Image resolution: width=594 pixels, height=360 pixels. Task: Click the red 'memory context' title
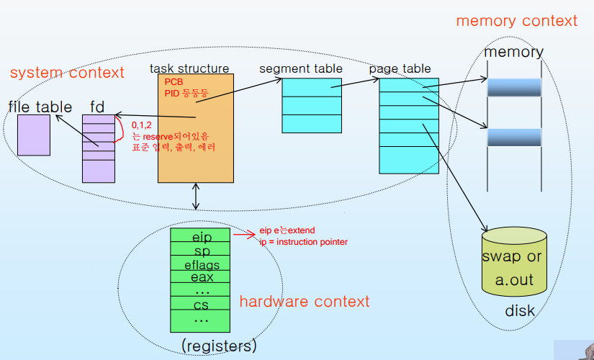(x=517, y=20)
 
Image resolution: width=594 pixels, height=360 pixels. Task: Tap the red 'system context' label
(x=67, y=73)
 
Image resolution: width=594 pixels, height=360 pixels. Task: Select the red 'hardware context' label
(x=305, y=301)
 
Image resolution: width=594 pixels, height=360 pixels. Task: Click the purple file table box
(x=34, y=135)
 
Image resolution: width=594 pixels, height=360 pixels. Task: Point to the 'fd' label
(x=97, y=107)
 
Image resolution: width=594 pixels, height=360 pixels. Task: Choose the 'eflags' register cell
(x=200, y=263)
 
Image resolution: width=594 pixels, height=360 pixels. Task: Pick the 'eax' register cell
(x=200, y=276)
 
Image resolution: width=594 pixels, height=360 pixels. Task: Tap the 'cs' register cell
(x=200, y=303)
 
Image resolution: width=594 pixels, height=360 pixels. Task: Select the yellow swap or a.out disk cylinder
(x=514, y=262)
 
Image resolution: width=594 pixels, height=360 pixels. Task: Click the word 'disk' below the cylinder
(x=520, y=311)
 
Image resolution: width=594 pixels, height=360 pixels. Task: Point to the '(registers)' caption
(x=219, y=346)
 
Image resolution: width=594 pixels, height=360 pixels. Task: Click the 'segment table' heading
(x=301, y=68)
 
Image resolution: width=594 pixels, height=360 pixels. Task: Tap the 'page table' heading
(x=400, y=68)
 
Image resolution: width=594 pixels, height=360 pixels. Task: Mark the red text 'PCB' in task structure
(x=174, y=82)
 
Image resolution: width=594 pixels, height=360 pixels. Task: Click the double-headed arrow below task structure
(x=195, y=197)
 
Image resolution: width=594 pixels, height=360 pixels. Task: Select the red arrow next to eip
(x=244, y=235)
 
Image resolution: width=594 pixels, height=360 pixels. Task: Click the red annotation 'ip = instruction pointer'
(x=303, y=242)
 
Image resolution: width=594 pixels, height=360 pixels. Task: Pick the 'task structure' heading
(x=189, y=68)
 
